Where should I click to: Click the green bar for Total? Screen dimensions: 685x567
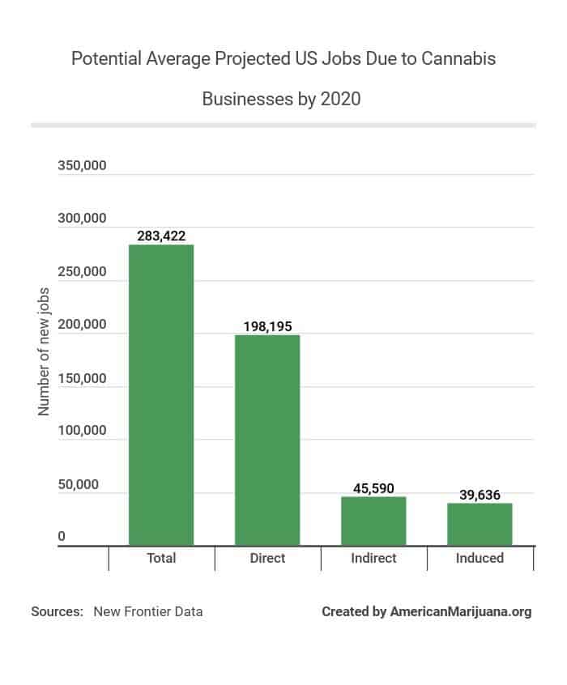[161, 395]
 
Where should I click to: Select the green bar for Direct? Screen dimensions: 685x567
[267, 440]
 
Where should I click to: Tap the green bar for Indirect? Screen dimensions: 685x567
[373, 521]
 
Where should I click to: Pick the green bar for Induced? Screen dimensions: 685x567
[480, 524]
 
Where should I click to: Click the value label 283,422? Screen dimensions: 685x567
[161, 236]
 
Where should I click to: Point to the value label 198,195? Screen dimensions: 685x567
[267, 326]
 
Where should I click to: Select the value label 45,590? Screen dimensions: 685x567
[373, 488]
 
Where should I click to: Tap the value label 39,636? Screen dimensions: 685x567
[480, 495]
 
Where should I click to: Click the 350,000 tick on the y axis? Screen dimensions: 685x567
[83, 166]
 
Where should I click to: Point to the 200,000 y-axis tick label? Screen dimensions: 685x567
[83, 325]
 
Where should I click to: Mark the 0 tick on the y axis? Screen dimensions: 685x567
[62, 537]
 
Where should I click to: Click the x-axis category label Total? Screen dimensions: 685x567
[161, 558]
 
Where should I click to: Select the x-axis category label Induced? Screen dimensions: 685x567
[480, 558]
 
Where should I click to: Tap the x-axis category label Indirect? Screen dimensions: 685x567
[373, 558]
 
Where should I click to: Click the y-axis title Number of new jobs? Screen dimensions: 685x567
[44, 351]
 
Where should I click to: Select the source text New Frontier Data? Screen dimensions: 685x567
[148, 611]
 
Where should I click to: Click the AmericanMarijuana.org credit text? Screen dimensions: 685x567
[461, 611]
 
